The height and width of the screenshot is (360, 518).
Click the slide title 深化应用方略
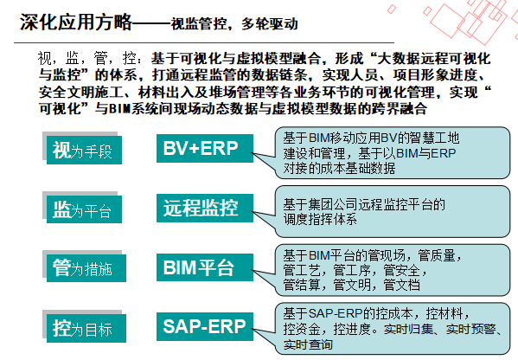(75, 22)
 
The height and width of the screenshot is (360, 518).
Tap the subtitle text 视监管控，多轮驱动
(234, 24)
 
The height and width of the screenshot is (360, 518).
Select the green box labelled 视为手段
(84, 150)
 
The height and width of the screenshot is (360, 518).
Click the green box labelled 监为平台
(84, 209)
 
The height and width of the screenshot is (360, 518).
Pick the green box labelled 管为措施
(86, 268)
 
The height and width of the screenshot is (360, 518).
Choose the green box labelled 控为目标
(86, 328)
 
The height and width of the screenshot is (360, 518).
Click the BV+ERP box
(205, 148)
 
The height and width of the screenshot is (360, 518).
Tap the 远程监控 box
(205, 208)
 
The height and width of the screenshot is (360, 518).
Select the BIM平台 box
(205, 267)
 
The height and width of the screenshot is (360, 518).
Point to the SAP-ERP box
(205, 326)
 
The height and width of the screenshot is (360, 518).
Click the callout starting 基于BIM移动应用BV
(393, 152)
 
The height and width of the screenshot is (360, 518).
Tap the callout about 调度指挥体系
(393, 211)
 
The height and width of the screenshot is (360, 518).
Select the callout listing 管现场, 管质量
(393, 270)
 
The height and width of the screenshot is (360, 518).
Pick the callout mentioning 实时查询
(393, 329)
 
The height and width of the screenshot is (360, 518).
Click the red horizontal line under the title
(204, 42)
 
